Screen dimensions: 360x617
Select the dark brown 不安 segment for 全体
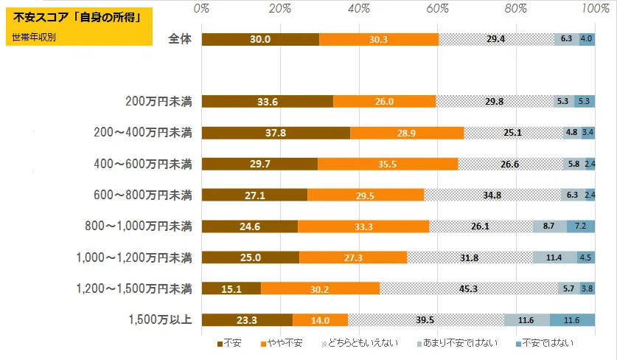click(259, 40)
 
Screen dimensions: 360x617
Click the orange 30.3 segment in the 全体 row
click(378, 40)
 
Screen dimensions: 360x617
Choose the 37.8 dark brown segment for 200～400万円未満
click(275, 133)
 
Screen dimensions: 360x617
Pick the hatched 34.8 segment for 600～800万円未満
click(492, 195)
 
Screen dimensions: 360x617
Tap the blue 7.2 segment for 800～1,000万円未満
click(581, 226)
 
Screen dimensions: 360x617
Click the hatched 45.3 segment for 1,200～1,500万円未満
click(468, 288)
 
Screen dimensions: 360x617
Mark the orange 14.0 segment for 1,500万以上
click(320, 319)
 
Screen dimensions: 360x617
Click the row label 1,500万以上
click(161, 319)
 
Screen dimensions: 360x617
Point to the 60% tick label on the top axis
click(437, 9)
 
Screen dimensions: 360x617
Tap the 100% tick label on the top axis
click(594, 9)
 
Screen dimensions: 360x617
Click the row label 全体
click(180, 40)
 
